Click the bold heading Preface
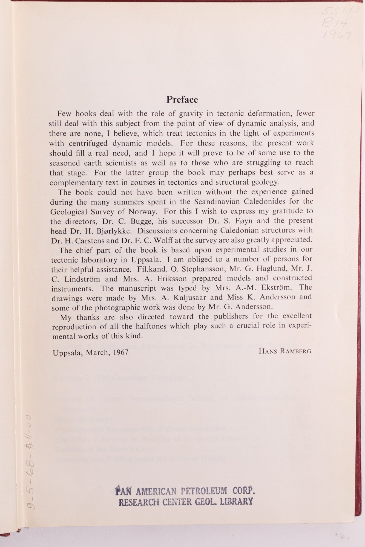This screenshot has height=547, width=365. point(182,99)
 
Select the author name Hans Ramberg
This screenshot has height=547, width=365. point(285,351)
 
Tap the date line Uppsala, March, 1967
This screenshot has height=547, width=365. point(90,352)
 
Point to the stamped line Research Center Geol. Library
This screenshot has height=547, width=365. point(186,501)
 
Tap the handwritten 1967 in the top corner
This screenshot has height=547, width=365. point(337,35)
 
